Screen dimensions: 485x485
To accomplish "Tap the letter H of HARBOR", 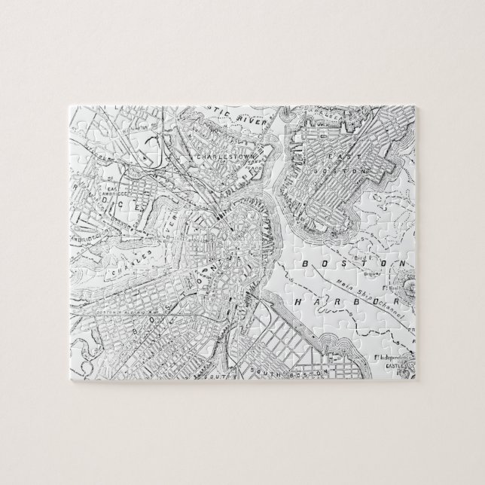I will (x=299, y=301).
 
